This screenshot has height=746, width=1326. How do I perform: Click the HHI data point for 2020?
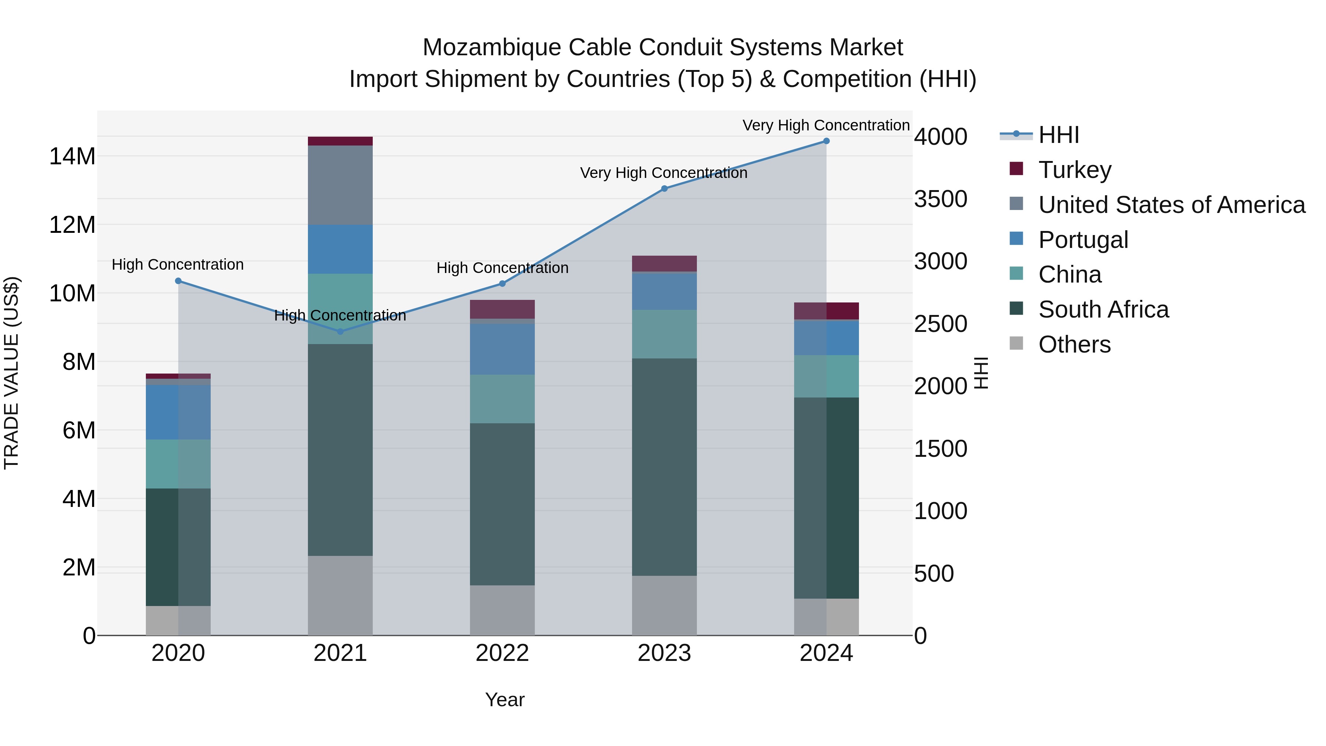coord(178,281)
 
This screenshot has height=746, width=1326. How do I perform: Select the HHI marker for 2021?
coord(340,332)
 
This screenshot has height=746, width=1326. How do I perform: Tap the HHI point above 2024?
coord(826,141)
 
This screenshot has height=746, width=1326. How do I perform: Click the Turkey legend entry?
coord(1074,170)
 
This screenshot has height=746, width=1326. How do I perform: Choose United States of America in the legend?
coord(1171,205)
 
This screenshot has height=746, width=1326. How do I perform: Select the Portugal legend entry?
coord(1083,240)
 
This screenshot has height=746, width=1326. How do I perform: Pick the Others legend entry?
coord(1074,344)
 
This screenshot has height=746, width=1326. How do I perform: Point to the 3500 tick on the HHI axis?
coord(940,199)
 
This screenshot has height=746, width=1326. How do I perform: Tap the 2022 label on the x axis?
coord(502,653)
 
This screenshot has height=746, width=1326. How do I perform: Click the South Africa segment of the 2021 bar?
coord(340,449)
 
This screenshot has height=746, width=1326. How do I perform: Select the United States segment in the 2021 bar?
coord(340,185)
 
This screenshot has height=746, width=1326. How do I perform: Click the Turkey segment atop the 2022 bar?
coord(502,309)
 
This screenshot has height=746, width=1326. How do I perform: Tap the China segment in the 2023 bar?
coord(664,334)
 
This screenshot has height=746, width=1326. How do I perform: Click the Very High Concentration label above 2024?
coord(826,126)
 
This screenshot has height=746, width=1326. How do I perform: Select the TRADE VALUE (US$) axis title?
coord(12,373)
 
